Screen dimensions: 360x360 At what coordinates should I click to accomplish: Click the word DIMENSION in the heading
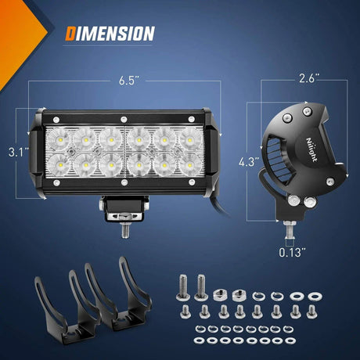pyautogui.click(x=110, y=33)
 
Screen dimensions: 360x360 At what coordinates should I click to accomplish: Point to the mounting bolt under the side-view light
pyautogui.click(x=289, y=231)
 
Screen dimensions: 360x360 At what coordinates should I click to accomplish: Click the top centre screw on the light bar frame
pyautogui.click(x=124, y=117)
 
